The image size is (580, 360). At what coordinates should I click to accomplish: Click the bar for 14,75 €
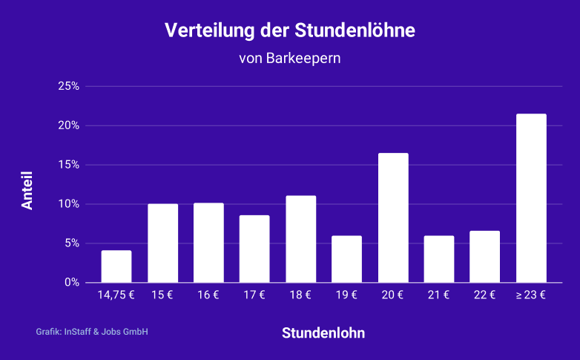point(116,266)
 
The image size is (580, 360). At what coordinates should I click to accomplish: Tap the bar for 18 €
point(300,239)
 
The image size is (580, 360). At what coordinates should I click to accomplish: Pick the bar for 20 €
point(393,218)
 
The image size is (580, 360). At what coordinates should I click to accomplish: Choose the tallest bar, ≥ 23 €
point(531,198)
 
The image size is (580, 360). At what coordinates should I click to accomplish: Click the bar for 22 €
point(485,257)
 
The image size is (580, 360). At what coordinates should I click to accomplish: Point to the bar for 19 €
point(346,259)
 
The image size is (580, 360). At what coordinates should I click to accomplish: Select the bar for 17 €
point(254,249)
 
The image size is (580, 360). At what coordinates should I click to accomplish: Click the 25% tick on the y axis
point(68,86)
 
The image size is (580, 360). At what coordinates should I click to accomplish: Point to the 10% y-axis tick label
point(68,204)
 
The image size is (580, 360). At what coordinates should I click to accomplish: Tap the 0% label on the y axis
point(72,282)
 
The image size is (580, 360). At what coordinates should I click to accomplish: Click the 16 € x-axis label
point(208,295)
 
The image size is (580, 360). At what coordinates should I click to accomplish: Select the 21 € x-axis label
point(439,295)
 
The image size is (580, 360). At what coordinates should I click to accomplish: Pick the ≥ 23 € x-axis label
point(531,295)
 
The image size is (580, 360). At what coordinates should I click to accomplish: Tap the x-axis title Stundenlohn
point(323,333)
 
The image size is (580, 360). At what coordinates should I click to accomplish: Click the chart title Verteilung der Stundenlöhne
point(290,31)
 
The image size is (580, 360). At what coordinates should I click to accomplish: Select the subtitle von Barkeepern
point(290,58)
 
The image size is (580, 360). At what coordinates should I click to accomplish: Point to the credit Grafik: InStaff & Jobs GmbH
point(92,332)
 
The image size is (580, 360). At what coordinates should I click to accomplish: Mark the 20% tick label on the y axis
point(68,125)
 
